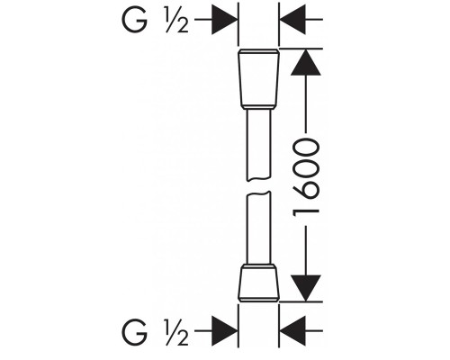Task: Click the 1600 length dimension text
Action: point(306,179)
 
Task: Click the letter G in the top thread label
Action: point(134,20)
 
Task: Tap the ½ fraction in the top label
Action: point(176,20)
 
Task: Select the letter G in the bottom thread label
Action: point(134,332)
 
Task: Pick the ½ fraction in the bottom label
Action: point(176,332)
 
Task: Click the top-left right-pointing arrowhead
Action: point(225,20)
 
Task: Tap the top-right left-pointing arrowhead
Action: point(292,20)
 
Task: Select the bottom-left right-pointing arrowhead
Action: point(225,331)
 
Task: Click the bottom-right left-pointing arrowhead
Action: point(292,331)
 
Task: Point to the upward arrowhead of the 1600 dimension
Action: point(306,62)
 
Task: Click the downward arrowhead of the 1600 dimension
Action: point(306,288)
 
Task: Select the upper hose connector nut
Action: point(258,79)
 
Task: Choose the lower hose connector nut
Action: point(258,283)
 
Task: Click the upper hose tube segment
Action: point(258,145)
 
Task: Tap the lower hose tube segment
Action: point(258,228)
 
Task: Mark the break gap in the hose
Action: point(258,186)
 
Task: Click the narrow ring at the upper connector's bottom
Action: point(258,107)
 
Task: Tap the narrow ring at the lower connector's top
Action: point(258,266)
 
